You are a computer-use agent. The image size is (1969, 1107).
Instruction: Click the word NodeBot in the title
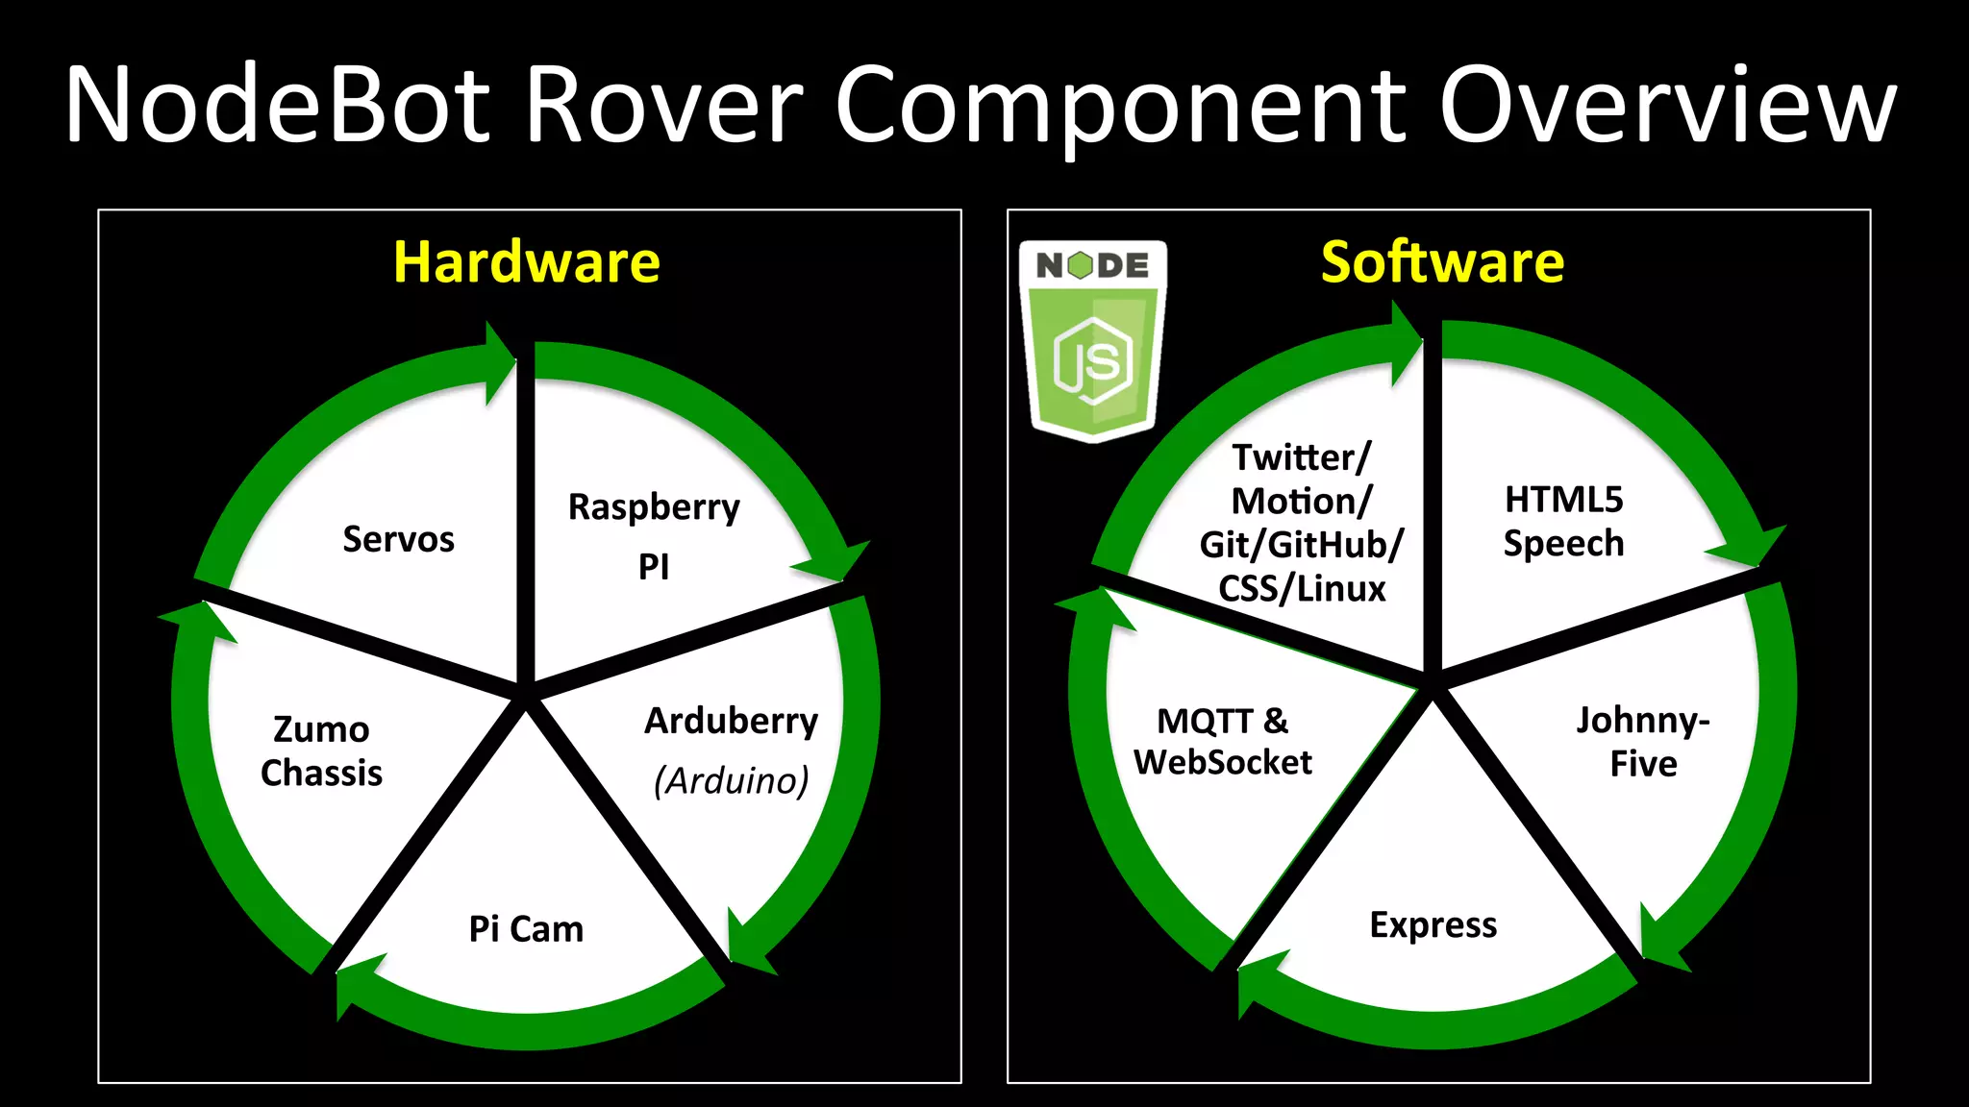click(279, 105)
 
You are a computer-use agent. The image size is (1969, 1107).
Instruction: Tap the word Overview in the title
click(1667, 105)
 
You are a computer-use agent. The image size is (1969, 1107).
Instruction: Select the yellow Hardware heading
click(527, 262)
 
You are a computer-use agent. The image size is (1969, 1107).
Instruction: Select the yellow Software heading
click(1442, 262)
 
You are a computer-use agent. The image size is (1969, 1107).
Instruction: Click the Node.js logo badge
click(1093, 341)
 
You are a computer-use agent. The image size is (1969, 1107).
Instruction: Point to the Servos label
click(398, 539)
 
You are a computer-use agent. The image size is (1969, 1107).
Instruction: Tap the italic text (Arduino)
click(731, 780)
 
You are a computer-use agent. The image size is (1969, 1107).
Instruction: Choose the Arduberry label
click(731, 721)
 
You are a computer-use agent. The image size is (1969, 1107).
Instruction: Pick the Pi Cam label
click(526, 929)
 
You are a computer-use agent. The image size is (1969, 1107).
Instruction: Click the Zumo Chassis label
click(321, 750)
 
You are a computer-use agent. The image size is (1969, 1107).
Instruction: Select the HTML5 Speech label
click(1563, 521)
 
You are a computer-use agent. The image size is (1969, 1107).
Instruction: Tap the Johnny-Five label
click(1643, 742)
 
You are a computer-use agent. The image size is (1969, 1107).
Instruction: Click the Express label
click(1433, 924)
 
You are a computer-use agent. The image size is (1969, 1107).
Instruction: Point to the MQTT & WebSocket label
click(1222, 741)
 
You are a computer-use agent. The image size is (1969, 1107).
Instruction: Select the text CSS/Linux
click(1302, 588)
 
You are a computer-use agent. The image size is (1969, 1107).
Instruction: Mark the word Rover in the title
click(663, 105)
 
